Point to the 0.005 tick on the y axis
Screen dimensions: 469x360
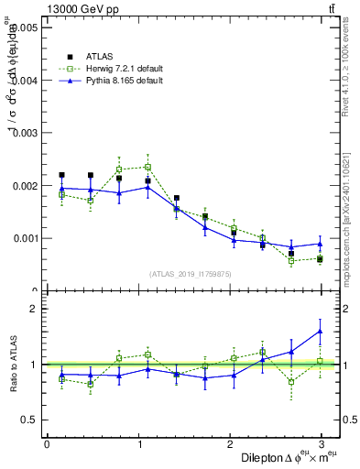coord(25,28)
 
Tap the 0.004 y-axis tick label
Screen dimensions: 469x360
coord(25,81)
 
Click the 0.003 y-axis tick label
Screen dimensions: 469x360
coord(25,134)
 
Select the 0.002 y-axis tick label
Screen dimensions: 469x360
coord(25,186)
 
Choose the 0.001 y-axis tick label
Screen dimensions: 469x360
coord(25,238)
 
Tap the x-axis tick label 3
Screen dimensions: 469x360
coord(322,444)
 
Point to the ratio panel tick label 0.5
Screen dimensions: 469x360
coord(29,420)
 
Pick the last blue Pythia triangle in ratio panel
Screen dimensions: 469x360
coord(320,332)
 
